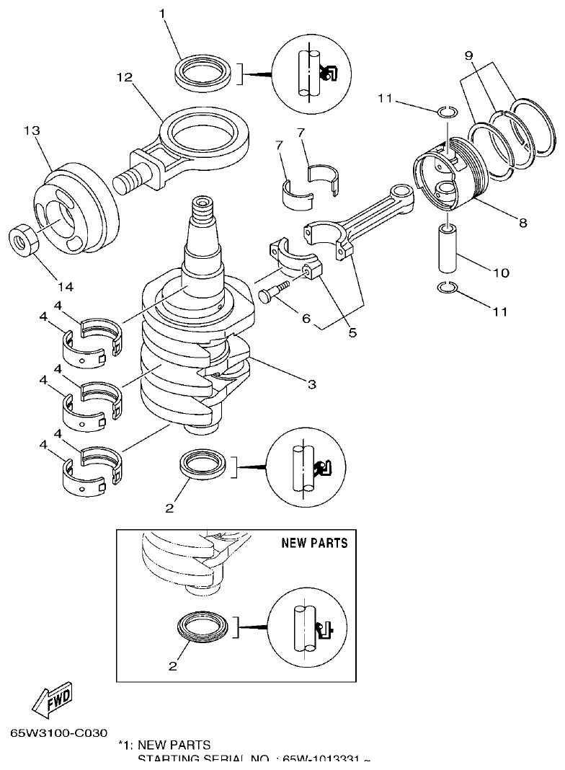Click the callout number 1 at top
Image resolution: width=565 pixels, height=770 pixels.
[x=163, y=14]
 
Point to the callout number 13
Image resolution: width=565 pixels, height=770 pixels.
[x=31, y=130]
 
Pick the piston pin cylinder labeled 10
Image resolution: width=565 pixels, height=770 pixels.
[x=447, y=249]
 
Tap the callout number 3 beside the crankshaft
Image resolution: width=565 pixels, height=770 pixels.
[x=311, y=385]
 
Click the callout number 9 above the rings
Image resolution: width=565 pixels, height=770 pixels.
[x=468, y=55]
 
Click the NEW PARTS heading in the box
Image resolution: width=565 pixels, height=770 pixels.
[x=314, y=542]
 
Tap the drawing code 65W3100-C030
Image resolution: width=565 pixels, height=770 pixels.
[x=60, y=732]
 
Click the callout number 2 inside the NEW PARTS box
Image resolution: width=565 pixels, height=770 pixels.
[x=172, y=666]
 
